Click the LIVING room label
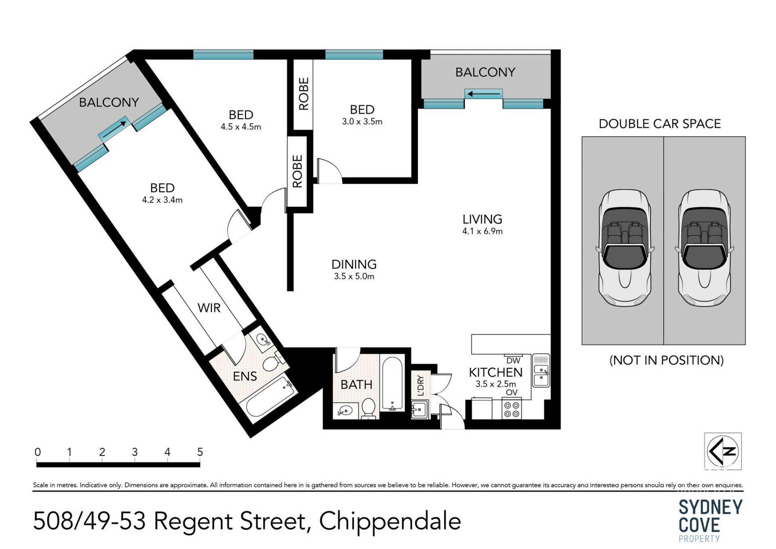[x=482, y=219]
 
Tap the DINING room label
[x=354, y=265]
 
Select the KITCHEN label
[x=496, y=372]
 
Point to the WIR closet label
[x=209, y=308]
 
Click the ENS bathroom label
[x=245, y=376]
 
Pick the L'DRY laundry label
[x=421, y=385]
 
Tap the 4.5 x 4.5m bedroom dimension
[x=241, y=127]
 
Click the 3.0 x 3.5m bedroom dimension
[x=362, y=121]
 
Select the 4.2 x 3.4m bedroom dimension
[x=162, y=200]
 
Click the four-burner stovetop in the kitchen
[x=512, y=409]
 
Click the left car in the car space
[x=624, y=248]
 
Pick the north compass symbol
[x=723, y=451]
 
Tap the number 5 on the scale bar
[x=200, y=452]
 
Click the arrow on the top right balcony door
[x=484, y=94]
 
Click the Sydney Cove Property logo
[x=711, y=520]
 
